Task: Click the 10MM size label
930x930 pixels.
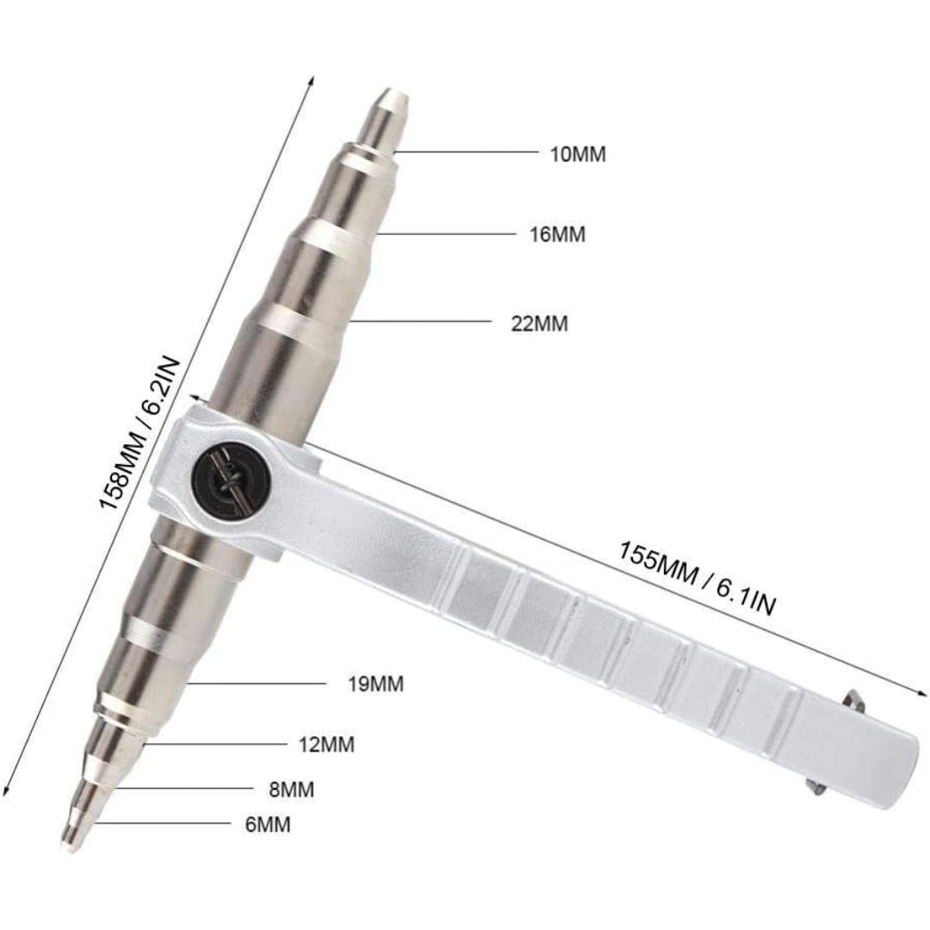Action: point(579,154)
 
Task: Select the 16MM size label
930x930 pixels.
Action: point(557,234)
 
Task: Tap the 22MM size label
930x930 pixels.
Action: point(539,324)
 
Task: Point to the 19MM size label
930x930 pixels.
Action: point(375,684)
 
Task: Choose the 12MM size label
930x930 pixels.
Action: point(327,744)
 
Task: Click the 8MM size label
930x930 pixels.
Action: point(291,790)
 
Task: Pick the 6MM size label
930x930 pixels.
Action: point(268,824)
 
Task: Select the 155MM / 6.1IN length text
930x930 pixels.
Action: point(697,579)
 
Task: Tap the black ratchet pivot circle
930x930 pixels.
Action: point(232,477)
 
